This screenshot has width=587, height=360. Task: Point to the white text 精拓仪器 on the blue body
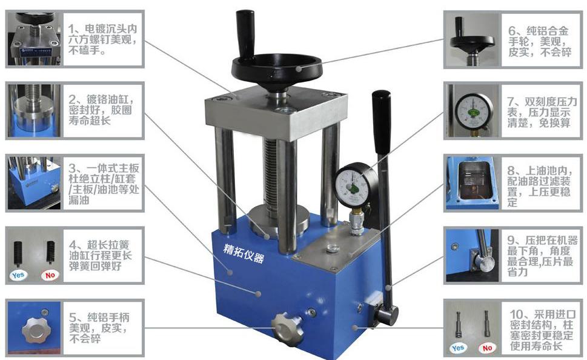tap(244, 253)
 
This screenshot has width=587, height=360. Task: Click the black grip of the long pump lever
tap(382, 122)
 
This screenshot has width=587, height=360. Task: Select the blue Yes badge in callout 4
tap(18, 275)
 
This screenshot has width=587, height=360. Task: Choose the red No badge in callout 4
tap(50, 275)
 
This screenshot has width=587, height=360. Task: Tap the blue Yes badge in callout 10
tap(457, 348)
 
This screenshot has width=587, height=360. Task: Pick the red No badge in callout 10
tap(487, 348)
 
